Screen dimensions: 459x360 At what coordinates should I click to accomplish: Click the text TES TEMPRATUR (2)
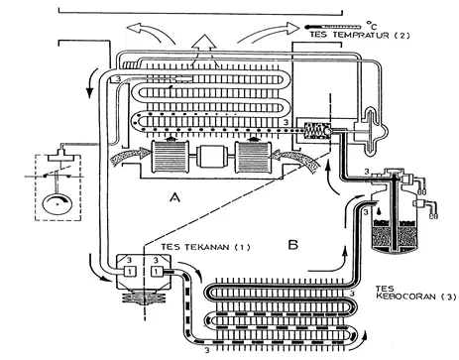[360, 35]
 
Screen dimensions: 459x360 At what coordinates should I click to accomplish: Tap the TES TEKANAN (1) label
[205, 247]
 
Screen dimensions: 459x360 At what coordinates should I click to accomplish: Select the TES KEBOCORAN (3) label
[415, 293]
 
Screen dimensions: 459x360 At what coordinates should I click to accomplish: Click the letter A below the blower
[174, 197]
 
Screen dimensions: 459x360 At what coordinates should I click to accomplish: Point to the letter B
[293, 245]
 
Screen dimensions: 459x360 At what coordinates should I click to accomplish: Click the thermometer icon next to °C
[333, 26]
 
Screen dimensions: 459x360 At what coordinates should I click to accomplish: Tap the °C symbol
[371, 25]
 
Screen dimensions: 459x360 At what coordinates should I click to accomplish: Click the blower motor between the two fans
[211, 157]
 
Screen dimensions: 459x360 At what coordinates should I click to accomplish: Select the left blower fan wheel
[170, 157]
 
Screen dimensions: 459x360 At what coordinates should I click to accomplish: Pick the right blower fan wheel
[253, 158]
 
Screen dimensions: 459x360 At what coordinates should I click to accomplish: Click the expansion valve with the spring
[317, 131]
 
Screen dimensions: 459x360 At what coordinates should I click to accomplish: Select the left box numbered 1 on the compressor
[130, 272]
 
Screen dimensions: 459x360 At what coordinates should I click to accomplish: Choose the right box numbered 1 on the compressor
[157, 272]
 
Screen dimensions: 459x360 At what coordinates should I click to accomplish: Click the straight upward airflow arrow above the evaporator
[205, 46]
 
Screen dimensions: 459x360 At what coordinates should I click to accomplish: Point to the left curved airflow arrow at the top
[151, 31]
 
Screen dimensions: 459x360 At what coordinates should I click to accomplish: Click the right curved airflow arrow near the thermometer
[269, 33]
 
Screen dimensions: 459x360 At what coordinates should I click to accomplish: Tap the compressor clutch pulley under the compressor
[144, 298]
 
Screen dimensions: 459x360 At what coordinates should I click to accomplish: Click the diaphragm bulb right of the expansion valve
[372, 132]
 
